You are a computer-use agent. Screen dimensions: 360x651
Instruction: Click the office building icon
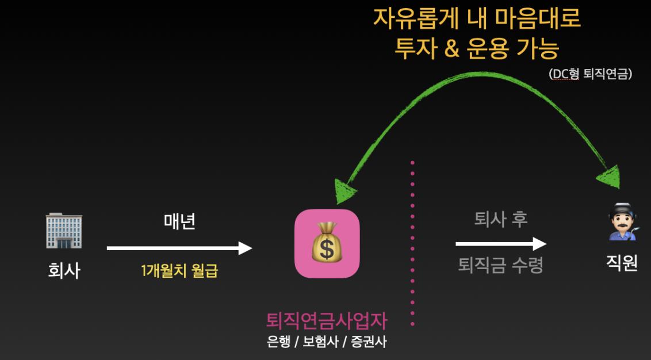pos(64,232)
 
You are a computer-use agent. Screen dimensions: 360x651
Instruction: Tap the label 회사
pos(64,270)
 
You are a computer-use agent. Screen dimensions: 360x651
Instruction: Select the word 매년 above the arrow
pos(179,221)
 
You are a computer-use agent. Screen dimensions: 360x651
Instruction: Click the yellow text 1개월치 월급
pos(179,270)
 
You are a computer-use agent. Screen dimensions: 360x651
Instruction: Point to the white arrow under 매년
pos(179,248)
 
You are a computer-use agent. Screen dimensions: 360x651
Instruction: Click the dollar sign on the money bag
pos(327,249)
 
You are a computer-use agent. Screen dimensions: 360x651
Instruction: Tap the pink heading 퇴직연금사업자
pos(327,320)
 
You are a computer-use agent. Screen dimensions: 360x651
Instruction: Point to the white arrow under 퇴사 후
pos(500,244)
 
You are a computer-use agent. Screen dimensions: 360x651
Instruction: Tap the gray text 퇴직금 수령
pos(500,266)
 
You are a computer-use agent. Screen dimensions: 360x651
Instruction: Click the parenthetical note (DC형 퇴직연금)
pos(590,74)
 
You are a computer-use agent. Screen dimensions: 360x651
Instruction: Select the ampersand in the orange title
pos(453,49)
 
